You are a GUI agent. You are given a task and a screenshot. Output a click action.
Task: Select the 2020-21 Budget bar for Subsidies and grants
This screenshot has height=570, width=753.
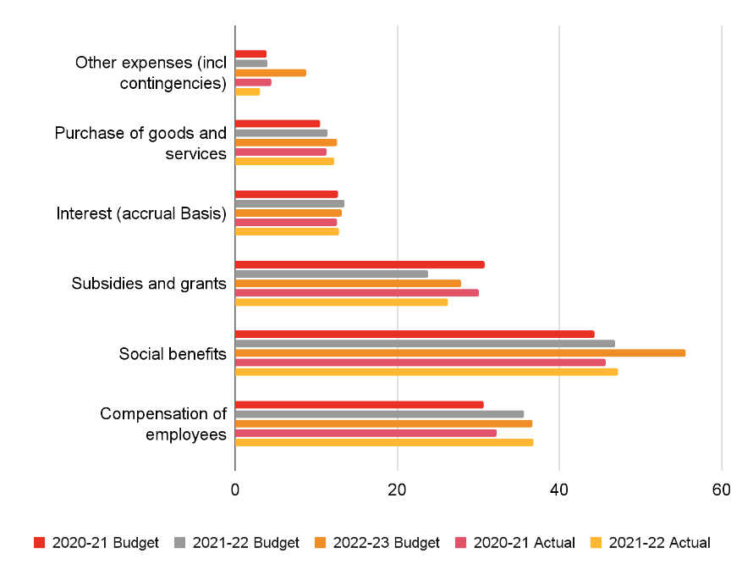(360, 264)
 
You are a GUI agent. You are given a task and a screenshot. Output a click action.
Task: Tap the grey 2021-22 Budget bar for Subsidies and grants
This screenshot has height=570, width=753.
(331, 274)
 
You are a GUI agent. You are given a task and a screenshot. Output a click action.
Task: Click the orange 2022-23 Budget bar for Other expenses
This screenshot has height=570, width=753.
(270, 73)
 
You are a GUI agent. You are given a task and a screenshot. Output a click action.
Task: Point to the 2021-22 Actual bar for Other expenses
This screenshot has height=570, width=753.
(247, 91)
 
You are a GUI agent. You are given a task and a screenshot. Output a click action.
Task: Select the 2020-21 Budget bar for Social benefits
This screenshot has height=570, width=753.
(415, 334)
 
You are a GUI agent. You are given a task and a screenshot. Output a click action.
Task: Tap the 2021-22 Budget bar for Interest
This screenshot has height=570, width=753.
(289, 203)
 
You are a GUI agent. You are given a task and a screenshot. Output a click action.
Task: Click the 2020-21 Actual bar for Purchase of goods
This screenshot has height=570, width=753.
(280, 152)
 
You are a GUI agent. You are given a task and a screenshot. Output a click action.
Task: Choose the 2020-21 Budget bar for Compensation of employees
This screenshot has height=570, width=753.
(359, 404)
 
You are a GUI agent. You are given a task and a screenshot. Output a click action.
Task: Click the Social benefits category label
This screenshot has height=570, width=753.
(173, 353)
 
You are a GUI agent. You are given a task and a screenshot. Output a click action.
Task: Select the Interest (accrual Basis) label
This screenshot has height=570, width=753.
(141, 213)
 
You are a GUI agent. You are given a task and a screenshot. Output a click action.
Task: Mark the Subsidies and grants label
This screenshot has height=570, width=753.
(149, 283)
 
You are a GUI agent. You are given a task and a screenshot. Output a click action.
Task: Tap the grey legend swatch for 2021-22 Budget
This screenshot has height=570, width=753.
(179, 543)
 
